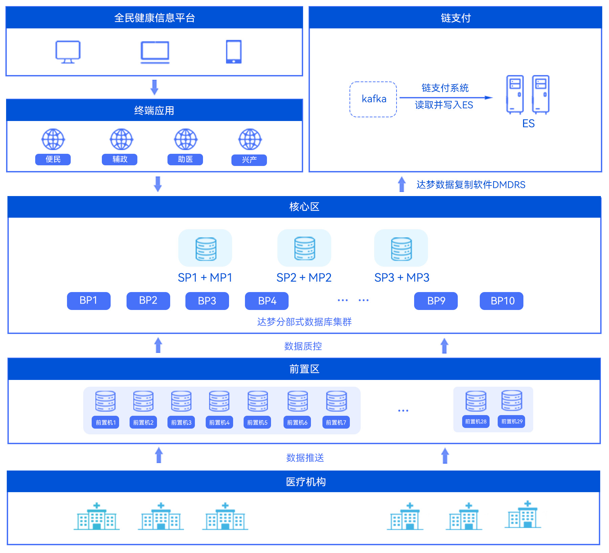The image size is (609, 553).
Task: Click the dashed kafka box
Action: (373, 99)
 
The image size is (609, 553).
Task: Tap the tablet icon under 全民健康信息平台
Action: (233, 52)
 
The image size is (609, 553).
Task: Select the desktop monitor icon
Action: (68, 52)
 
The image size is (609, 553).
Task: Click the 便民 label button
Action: (53, 159)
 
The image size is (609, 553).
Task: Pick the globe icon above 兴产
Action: (250, 139)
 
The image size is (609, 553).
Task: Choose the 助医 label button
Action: (185, 159)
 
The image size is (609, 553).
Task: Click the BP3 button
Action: (207, 301)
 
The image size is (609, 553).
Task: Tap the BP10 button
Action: (501, 301)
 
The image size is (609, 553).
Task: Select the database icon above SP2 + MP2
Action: (304, 248)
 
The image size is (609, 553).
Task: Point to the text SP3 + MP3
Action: (402, 278)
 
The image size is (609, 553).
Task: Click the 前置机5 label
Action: (257, 422)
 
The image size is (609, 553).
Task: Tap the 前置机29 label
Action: (512, 422)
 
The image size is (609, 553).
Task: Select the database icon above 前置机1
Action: (105, 401)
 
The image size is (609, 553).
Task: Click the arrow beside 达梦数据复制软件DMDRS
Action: (402, 184)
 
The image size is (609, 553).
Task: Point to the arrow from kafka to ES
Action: (446, 98)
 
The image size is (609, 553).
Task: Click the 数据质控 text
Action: (303, 346)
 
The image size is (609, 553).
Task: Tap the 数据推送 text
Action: (305, 458)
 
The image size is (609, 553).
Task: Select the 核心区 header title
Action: (304, 207)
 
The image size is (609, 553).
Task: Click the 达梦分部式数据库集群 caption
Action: (304, 322)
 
